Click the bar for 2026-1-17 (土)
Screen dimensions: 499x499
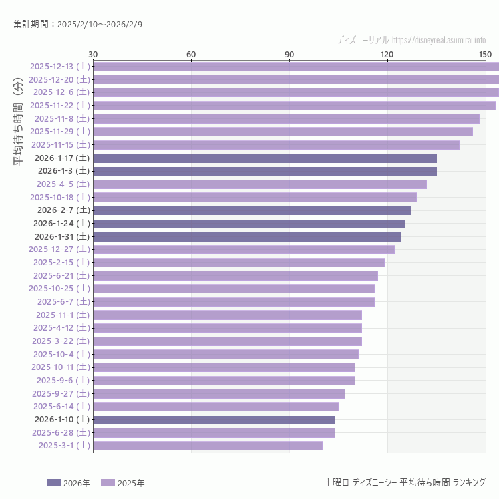[x=265, y=158]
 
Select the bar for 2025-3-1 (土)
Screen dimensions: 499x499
[x=208, y=446]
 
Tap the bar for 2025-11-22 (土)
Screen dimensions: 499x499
[x=294, y=105]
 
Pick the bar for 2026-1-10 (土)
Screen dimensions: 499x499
[x=214, y=420]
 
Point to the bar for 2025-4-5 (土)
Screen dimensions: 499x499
[x=260, y=184]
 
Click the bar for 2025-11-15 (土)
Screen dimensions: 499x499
[x=276, y=145]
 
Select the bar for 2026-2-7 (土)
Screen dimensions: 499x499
[x=251, y=210]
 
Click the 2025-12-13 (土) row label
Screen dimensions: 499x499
[x=60, y=66]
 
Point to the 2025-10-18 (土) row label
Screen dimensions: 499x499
[x=60, y=197]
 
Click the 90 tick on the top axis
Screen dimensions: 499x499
[x=289, y=54]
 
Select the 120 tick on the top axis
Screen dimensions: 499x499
[x=387, y=54]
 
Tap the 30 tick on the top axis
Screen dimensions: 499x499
[x=93, y=54]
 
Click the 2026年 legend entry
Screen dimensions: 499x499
[x=69, y=483]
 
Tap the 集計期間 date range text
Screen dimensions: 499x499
[x=78, y=25]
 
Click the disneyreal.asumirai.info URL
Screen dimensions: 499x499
[x=438, y=40]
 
